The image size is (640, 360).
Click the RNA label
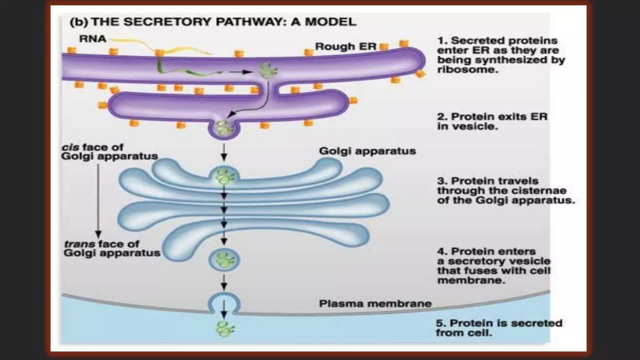(x=92, y=39)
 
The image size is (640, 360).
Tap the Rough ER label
(x=345, y=47)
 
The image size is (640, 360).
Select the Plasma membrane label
(x=375, y=303)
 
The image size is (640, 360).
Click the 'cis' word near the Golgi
(x=71, y=147)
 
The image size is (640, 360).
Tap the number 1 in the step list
(x=441, y=41)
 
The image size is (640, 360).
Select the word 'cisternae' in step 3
(x=541, y=191)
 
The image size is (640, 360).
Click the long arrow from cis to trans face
(x=98, y=200)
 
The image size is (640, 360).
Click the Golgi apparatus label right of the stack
(x=367, y=151)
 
